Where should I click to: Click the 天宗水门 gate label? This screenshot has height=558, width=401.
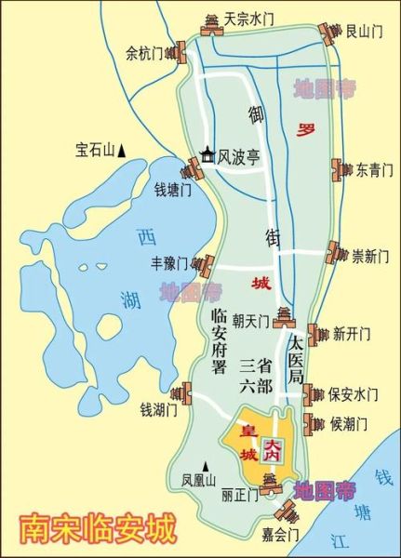point(249,18)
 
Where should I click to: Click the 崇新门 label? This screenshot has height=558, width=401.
point(369,256)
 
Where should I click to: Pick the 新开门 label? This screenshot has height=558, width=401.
point(352,333)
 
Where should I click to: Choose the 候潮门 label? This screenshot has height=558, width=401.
point(350,424)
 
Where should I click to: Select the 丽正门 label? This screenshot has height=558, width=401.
point(240,495)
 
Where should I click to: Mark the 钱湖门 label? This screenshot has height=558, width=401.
point(158,408)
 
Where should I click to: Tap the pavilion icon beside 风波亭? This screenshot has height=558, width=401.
point(207,156)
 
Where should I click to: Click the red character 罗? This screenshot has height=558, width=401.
point(301,128)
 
